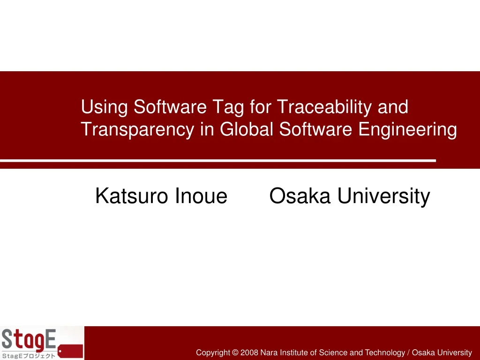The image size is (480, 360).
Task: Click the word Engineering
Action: (x=407, y=130)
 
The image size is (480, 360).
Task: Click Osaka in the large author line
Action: (x=300, y=196)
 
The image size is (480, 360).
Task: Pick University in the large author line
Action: (x=383, y=196)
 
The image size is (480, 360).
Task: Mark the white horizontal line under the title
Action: (x=218, y=161)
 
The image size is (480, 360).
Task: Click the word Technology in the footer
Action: (x=384, y=352)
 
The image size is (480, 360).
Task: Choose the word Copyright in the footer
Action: (x=213, y=352)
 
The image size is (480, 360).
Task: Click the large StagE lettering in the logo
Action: (x=29, y=339)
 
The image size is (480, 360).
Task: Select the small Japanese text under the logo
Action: (x=28, y=356)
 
